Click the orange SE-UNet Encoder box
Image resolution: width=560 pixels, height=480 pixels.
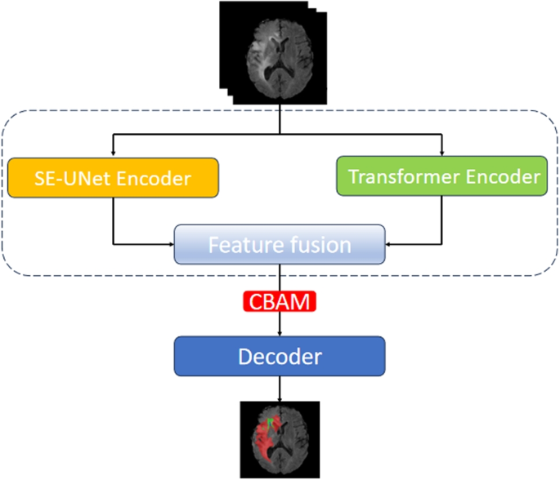coord(113,176)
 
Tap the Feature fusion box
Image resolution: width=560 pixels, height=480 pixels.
coord(280,244)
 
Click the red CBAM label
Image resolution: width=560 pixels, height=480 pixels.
coord(280,303)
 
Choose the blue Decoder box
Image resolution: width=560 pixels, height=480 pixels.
coord(280,357)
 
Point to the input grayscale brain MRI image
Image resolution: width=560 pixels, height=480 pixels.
coord(279,51)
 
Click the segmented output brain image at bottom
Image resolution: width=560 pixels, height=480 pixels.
coord(280,438)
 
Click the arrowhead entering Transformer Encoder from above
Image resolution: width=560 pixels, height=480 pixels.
coord(441,152)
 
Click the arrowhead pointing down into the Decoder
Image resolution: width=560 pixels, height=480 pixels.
coord(280,333)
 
